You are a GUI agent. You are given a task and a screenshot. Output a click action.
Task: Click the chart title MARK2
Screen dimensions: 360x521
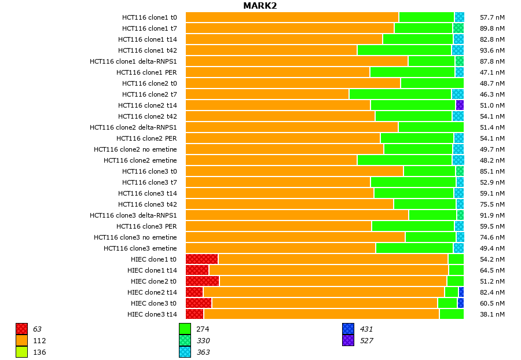[260, 6]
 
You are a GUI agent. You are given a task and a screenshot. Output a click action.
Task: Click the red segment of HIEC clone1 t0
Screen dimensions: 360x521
[201, 259]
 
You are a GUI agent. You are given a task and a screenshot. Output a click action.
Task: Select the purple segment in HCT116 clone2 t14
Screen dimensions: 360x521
[460, 105]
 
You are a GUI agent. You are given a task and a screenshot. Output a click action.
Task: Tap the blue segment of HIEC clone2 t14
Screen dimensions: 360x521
[461, 292]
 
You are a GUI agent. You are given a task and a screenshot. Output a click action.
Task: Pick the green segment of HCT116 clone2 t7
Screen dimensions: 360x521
[400, 94]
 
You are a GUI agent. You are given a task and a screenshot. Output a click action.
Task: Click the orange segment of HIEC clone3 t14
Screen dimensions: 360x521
[321, 314]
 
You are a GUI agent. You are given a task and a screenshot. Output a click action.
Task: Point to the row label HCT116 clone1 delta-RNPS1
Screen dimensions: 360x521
[133, 61]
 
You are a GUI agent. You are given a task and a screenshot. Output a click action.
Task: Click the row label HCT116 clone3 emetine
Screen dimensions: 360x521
[140, 248]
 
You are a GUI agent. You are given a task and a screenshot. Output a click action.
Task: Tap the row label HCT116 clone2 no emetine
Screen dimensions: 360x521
[135, 149]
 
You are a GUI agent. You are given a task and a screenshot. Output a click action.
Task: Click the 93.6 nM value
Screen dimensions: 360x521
[493, 50]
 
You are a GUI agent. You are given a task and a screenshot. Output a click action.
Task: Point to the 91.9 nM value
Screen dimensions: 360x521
[493, 215]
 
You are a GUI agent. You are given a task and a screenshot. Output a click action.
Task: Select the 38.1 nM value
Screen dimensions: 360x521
[493, 314]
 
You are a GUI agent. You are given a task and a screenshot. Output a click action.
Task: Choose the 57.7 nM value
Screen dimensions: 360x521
[493, 17]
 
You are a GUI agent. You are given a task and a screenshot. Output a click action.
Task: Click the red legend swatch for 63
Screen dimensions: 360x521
[22, 329]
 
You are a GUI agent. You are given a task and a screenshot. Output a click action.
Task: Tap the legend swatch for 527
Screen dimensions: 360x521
[348, 340]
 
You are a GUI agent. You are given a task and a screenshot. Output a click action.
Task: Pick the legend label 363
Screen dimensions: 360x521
[203, 352]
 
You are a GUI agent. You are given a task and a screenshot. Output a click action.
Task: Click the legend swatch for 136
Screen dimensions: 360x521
[22, 352]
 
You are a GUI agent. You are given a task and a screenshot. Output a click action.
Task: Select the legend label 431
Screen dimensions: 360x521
[366, 329]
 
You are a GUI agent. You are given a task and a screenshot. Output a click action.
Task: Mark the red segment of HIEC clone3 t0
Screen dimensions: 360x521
[199, 303]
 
